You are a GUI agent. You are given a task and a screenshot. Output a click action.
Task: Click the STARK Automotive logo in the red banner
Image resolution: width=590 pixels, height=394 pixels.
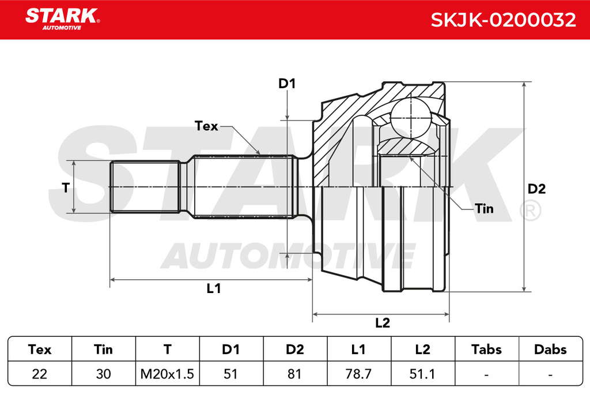62,19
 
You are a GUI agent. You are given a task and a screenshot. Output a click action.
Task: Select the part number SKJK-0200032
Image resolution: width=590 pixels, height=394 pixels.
503,20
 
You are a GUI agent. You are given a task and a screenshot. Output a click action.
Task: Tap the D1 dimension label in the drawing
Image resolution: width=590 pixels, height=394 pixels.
287,84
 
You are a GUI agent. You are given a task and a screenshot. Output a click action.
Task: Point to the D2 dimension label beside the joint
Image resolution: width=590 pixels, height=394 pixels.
536,189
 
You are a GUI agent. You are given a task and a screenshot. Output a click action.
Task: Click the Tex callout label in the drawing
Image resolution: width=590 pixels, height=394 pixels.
206,126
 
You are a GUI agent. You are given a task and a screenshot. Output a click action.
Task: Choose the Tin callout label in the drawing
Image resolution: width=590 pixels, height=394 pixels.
484,208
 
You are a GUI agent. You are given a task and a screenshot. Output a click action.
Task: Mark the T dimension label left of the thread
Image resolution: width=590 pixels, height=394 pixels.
66,187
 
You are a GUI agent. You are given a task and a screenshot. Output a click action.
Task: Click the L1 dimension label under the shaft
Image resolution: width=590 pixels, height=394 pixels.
214,288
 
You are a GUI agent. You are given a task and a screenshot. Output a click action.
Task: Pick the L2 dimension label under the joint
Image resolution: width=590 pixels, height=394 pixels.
383,323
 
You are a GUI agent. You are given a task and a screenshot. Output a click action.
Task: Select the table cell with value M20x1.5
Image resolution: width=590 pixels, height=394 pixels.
167,374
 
